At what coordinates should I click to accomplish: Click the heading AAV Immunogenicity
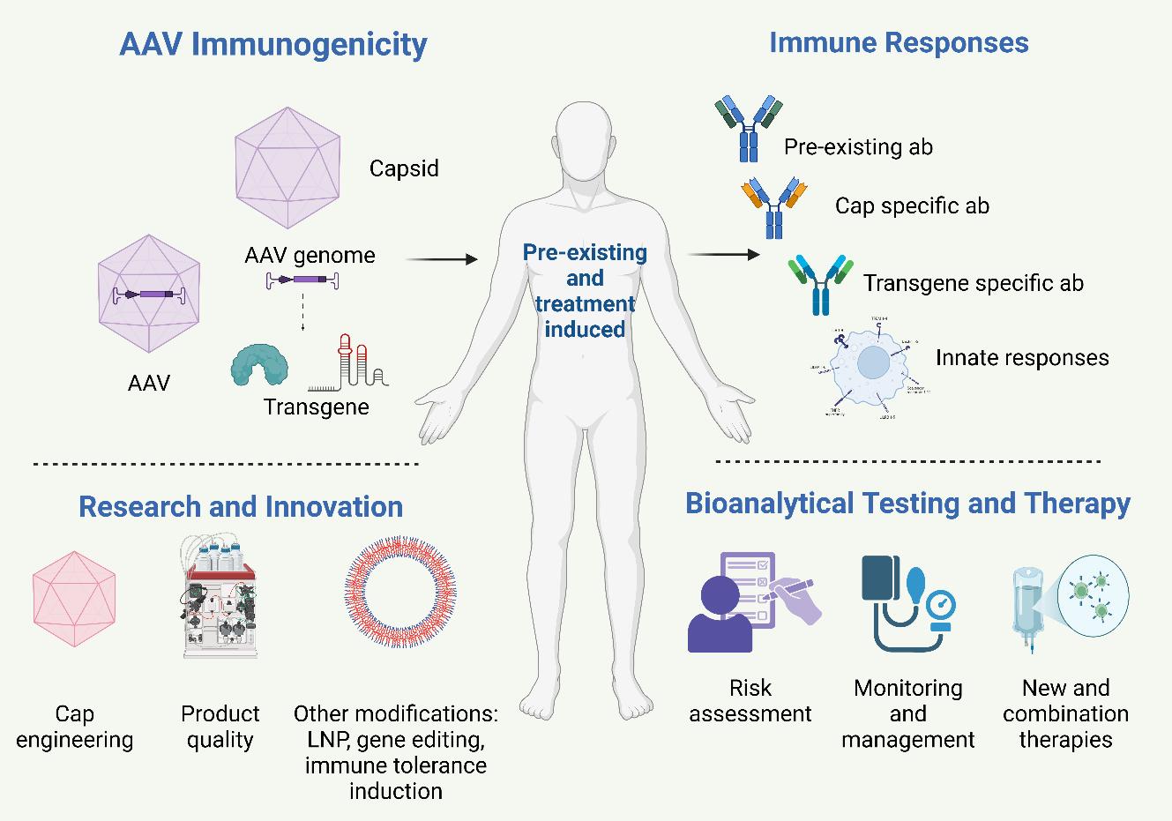[x=272, y=44]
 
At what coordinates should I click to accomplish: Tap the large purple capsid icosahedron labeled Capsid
[x=288, y=168]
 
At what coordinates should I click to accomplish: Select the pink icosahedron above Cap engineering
[x=74, y=601]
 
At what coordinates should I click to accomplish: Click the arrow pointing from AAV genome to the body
[x=441, y=259]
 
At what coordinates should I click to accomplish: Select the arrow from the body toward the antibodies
[x=722, y=255]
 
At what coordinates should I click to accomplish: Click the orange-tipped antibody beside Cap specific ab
[x=773, y=206]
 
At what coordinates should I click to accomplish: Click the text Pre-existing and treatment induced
[x=585, y=290]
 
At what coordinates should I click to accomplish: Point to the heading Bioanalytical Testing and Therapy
[x=907, y=504]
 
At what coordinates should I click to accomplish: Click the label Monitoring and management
[x=907, y=713]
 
